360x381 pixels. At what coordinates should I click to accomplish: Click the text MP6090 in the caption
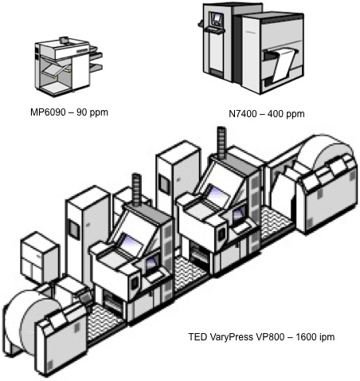tap(48, 112)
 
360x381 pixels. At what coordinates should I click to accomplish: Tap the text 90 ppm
tap(92, 112)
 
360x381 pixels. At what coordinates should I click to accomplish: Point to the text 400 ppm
tap(286, 114)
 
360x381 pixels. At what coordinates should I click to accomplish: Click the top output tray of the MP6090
tap(96, 49)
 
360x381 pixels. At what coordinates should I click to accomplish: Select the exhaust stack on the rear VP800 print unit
tap(221, 142)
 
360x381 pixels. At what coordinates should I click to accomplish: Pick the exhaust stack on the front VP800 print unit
tap(136, 189)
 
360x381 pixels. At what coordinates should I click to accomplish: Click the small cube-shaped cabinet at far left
tap(40, 257)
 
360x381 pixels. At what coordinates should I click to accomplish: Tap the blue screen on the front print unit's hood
tap(131, 242)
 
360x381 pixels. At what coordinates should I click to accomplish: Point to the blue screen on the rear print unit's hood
tap(217, 195)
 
